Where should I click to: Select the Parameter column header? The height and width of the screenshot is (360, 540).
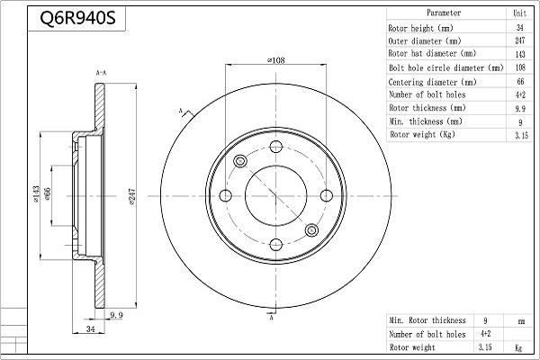coord(444,13)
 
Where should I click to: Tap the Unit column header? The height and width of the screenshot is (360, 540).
coord(519,13)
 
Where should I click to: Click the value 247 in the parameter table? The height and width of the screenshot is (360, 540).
coord(519,40)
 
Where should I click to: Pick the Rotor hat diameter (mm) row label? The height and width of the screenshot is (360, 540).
coord(428,54)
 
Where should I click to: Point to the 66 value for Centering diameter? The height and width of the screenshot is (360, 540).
coord(519,81)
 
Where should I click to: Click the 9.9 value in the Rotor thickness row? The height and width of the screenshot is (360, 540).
coord(519,108)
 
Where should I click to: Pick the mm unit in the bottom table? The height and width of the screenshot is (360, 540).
coord(519,320)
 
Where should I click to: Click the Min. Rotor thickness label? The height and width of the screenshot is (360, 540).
coord(427,320)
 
